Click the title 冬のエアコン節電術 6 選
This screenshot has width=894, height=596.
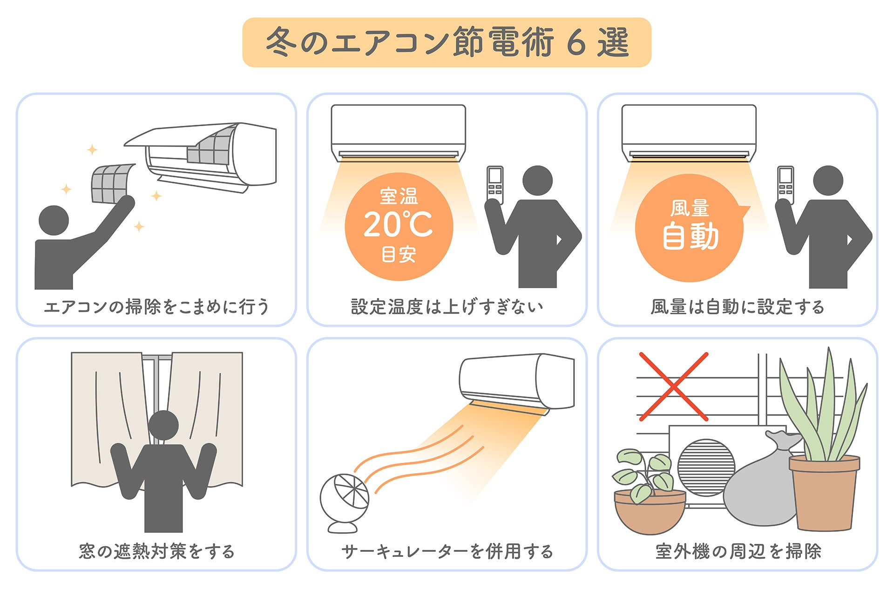point(447,42)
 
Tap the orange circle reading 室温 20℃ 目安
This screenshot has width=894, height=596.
point(399,227)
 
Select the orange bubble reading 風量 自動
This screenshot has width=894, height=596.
point(690,228)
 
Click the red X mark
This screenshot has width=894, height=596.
point(673,386)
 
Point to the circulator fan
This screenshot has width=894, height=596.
point(345,498)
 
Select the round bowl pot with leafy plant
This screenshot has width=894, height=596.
point(650,510)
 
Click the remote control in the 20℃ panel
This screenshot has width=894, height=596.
point(495,184)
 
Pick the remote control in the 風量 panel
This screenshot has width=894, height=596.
point(786,184)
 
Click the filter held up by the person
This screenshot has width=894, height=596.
point(112,183)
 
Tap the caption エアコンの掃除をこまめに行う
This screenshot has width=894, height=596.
point(156,307)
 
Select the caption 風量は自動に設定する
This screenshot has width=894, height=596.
point(738,307)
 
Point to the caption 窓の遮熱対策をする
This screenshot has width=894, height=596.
point(156,551)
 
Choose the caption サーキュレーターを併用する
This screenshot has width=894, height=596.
point(447,551)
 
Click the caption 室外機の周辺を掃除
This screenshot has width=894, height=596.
point(738,551)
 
